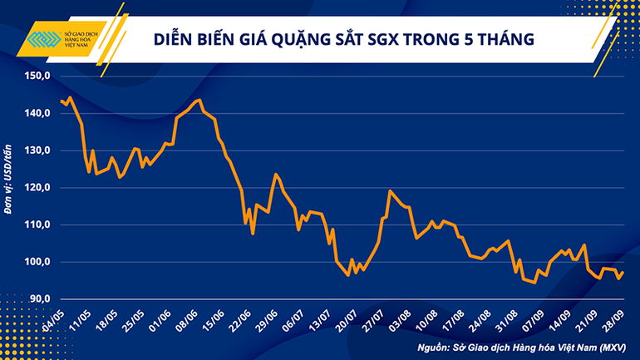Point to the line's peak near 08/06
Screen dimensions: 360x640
(198, 101)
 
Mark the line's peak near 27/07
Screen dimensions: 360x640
(390, 191)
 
